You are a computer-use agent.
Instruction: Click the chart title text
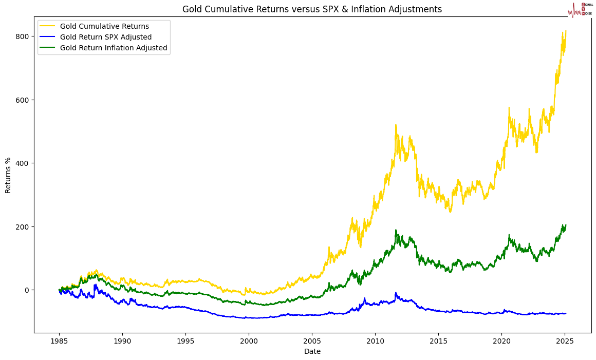point(312,9)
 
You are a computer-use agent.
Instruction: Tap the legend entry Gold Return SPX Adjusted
point(105,37)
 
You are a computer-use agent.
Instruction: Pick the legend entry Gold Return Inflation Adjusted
point(113,48)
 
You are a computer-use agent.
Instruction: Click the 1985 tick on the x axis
point(59,341)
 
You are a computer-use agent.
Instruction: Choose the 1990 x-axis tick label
point(122,341)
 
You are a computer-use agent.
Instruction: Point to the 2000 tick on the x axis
point(249,341)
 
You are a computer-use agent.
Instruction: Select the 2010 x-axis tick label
point(375,341)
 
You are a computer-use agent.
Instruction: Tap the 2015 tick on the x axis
point(438,341)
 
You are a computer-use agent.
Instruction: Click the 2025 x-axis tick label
point(565,341)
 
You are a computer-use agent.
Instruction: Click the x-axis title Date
point(312,351)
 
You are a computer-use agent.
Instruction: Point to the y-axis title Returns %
point(8,175)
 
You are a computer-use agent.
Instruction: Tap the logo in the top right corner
point(580,9)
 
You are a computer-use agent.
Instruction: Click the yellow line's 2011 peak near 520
point(396,125)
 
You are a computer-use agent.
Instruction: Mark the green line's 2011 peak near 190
point(396,230)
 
